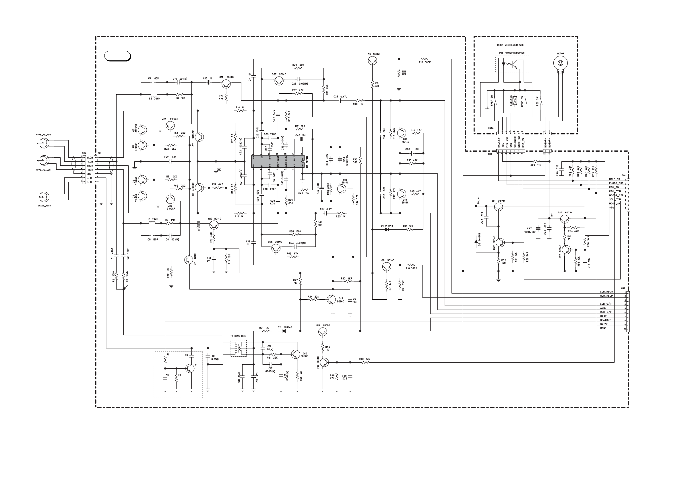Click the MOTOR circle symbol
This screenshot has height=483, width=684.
(560, 63)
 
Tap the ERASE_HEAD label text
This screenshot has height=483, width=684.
(44, 206)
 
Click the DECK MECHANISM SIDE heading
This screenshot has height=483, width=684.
(510, 45)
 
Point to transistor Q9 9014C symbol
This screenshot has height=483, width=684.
(372, 60)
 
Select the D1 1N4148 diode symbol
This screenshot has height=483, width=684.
(387, 229)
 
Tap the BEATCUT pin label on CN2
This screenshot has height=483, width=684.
(605, 320)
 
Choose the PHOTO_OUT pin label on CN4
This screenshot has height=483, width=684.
(616, 183)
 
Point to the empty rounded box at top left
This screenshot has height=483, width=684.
(118, 56)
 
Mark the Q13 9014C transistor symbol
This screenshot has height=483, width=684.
(331, 299)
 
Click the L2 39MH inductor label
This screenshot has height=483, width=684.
(155, 99)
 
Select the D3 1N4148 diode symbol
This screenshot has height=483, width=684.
(476, 241)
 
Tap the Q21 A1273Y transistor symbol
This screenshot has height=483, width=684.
(498, 207)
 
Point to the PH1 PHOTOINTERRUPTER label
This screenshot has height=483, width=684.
(512, 53)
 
